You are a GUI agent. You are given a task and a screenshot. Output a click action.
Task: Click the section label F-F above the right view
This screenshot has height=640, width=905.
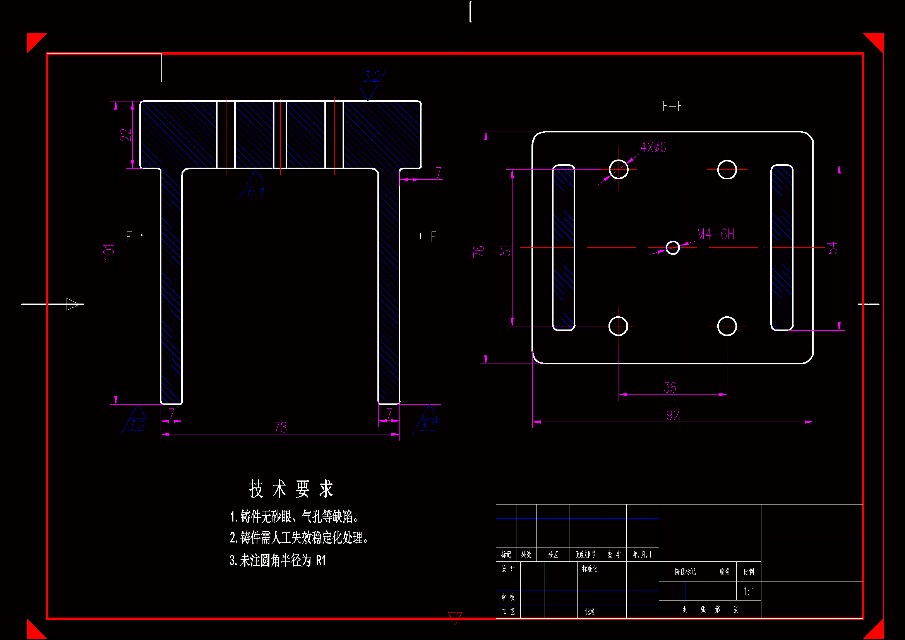click(672, 106)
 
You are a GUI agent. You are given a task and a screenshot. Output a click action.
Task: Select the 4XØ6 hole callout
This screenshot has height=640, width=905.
click(653, 148)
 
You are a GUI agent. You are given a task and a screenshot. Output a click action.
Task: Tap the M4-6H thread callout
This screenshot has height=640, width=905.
click(715, 235)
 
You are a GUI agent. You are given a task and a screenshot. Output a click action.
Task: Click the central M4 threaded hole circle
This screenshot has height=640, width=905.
click(673, 248)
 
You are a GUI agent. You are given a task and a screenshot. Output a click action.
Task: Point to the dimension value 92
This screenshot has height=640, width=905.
click(672, 415)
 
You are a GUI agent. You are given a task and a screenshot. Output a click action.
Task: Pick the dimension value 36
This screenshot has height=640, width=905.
click(670, 388)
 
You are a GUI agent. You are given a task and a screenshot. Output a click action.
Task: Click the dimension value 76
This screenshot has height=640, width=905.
click(478, 251)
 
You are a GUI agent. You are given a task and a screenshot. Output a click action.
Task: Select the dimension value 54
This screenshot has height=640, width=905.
click(832, 248)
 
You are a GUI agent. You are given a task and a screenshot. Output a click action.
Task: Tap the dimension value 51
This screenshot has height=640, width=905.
click(505, 251)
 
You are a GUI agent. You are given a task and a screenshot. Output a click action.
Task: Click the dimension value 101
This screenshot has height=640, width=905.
click(109, 252)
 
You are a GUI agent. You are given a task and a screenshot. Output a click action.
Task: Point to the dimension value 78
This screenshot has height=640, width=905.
click(280, 427)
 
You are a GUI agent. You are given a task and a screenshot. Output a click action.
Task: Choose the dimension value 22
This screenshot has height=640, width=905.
click(125, 135)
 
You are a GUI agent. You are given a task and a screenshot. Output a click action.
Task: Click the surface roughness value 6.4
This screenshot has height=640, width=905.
click(256, 192)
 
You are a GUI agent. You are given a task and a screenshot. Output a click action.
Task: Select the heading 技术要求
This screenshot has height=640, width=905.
click(291, 489)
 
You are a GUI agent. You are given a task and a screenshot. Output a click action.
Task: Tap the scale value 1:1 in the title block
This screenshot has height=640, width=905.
click(749, 591)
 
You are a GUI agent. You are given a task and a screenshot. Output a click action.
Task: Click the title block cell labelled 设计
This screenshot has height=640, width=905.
click(508, 569)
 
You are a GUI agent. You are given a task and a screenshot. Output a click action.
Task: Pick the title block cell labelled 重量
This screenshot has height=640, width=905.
click(724, 572)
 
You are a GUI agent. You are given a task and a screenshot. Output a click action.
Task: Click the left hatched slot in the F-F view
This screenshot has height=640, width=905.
click(563, 248)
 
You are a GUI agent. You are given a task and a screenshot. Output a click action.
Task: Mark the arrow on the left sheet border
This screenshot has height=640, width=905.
click(73, 304)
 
